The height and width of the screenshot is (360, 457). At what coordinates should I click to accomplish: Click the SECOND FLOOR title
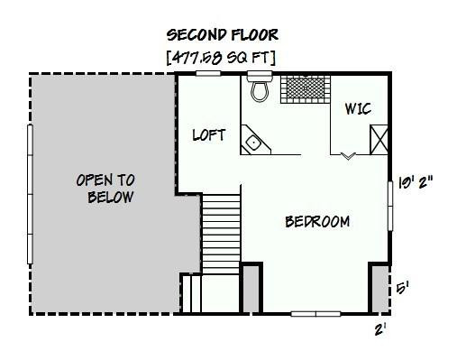[x=223, y=35]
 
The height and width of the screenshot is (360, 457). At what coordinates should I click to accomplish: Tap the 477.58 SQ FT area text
[x=221, y=58]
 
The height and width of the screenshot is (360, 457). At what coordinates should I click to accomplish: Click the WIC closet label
[x=358, y=109]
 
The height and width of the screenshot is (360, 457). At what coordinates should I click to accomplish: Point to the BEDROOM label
[x=317, y=222]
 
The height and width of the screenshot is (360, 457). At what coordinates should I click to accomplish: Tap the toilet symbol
[x=260, y=89]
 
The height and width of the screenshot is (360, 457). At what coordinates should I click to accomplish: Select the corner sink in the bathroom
[x=254, y=142]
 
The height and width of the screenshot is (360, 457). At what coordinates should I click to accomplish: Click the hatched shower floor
[x=304, y=89]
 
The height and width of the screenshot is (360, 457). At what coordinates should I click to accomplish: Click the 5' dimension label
[x=404, y=289]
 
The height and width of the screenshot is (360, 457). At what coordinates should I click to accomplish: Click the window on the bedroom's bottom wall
[x=315, y=313]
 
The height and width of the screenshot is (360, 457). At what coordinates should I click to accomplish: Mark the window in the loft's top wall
[x=208, y=74]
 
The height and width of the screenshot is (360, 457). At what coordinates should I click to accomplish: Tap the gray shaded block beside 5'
[x=379, y=289]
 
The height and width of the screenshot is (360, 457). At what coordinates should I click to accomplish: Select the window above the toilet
[x=259, y=74]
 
